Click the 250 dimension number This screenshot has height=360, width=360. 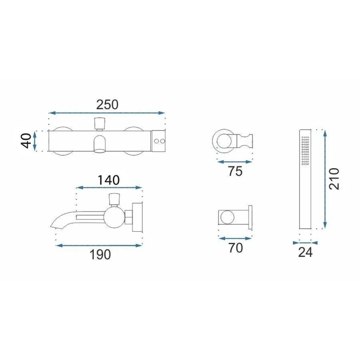click(x=107, y=104)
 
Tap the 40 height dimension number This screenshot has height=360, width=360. click(x=26, y=141)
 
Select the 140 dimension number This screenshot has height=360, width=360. click(x=109, y=180)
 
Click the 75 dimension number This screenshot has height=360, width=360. click(x=235, y=171)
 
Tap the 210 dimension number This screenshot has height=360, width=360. click(x=335, y=179)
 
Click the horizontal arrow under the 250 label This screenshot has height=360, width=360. click(x=107, y=113)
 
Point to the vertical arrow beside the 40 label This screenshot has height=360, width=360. click(x=36, y=141)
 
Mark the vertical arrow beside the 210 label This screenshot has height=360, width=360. click(x=325, y=179)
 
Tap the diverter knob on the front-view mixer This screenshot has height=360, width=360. click(x=100, y=123)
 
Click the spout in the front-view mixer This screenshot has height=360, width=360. click(x=100, y=145)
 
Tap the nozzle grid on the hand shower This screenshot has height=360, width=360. click(x=306, y=151)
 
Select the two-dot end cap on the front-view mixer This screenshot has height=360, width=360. click(x=159, y=141)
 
